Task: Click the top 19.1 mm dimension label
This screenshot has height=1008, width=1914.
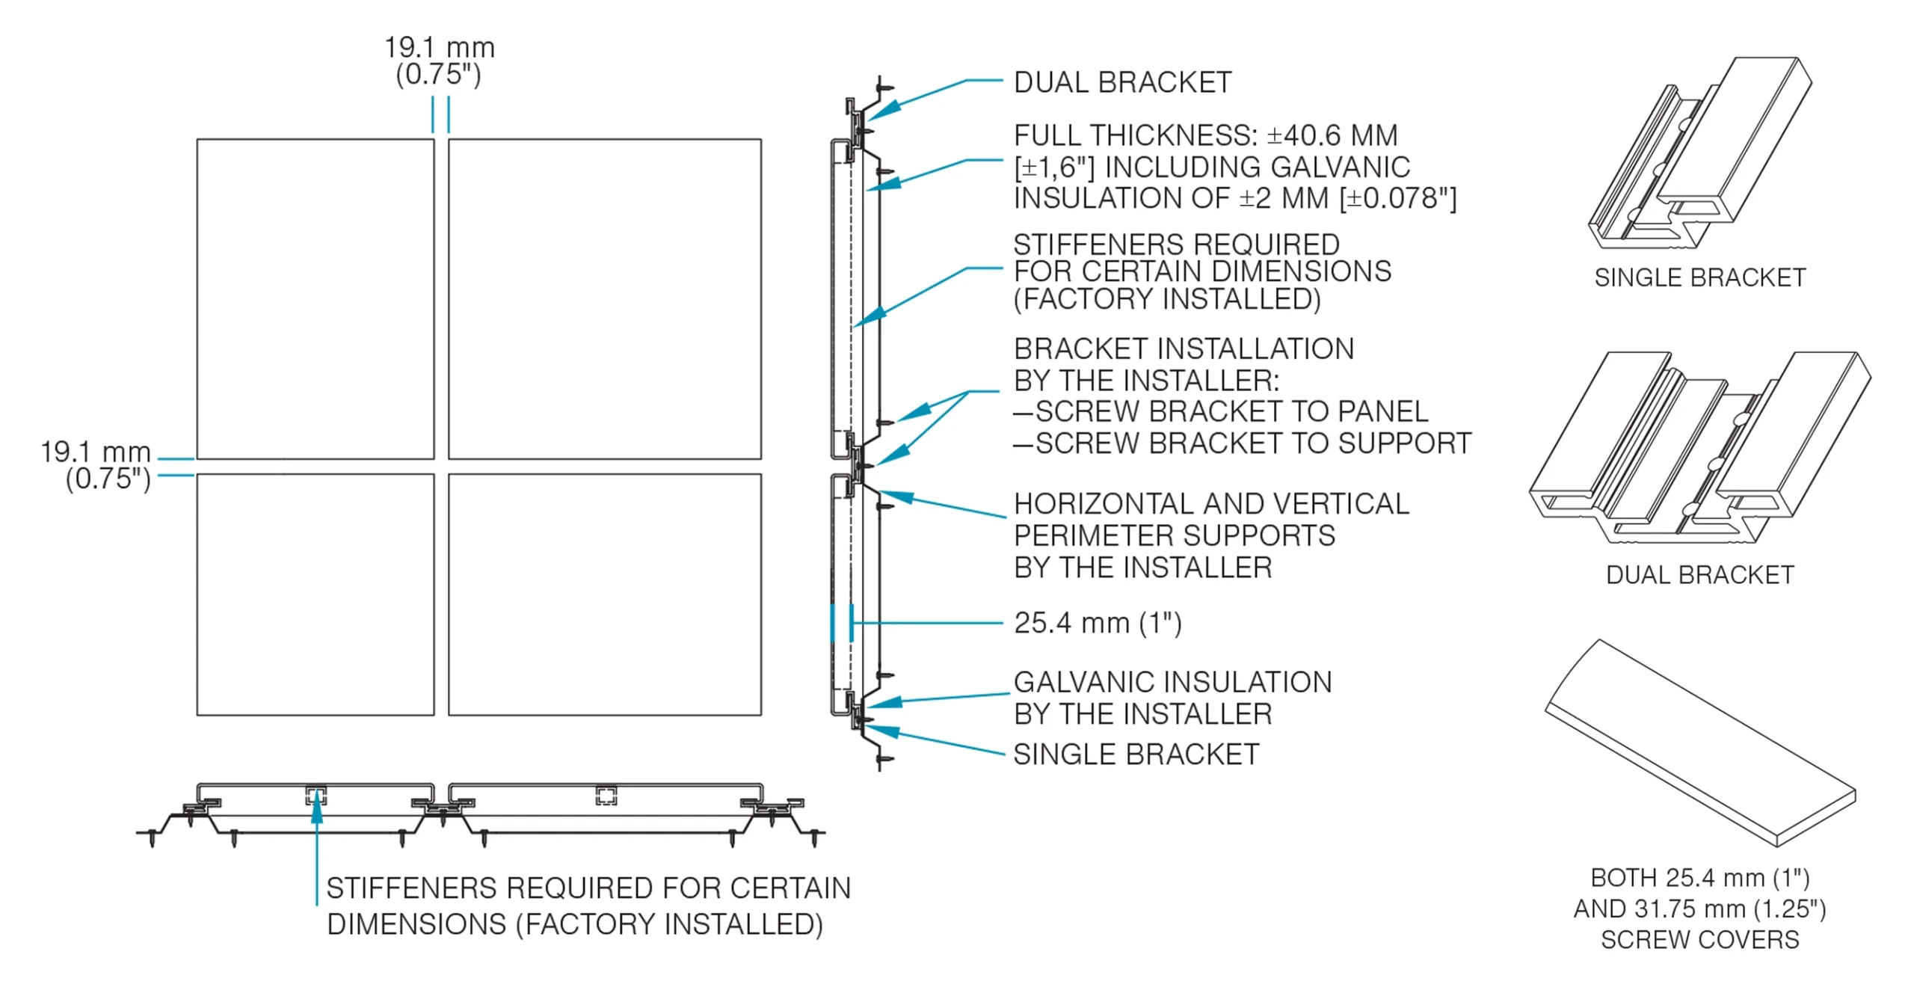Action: coord(439,48)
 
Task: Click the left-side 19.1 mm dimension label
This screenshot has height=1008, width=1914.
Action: coord(95,452)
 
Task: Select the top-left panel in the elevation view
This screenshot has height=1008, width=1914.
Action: coord(315,298)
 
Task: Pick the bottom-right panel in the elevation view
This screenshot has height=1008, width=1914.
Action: coord(604,594)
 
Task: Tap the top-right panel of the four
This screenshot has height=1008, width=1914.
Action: coord(604,298)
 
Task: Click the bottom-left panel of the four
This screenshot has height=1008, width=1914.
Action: coord(315,594)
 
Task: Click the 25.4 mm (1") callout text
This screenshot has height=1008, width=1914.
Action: coord(1097,623)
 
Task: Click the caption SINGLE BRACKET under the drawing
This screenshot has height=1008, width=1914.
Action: coord(1699,277)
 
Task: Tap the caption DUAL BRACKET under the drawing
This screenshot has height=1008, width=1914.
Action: coord(1699,574)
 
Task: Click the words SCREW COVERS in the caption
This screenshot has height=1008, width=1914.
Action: coord(1699,939)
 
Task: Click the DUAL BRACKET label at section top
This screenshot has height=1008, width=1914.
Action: coord(1121,82)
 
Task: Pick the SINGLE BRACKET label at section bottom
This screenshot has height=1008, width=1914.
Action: coord(1136,754)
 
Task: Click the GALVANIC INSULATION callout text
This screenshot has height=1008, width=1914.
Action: coord(1172,682)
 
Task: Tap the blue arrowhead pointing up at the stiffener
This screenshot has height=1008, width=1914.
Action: coord(317,811)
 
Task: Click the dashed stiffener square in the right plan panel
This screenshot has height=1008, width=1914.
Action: coord(606,796)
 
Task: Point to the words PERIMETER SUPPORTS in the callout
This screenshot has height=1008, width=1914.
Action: coord(1174,535)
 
